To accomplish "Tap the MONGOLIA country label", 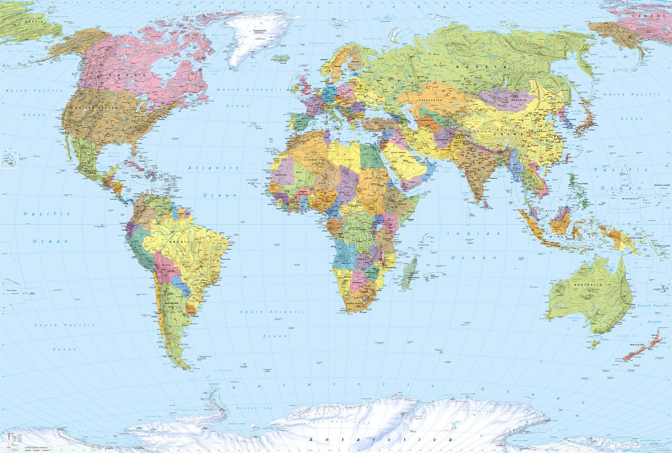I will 515,101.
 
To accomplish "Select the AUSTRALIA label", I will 591,286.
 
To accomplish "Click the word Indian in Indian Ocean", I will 459,233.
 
